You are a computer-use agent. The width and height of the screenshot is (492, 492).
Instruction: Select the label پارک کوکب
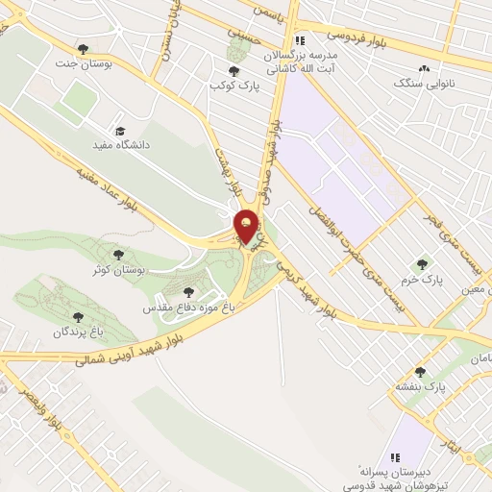click(235, 86)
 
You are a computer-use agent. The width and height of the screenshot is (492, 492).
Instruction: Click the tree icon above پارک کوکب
click(234, 70)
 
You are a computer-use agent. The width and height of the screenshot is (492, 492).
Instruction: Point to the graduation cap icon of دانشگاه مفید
click(120, 131)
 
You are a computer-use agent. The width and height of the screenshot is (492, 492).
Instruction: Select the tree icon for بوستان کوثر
click(118, 255)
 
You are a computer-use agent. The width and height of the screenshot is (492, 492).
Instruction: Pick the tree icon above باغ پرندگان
click(79, 317)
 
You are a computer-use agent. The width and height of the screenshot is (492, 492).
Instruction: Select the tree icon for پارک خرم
click(420, 264)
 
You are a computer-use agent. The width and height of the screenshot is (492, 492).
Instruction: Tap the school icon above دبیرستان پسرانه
click(393, 456)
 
